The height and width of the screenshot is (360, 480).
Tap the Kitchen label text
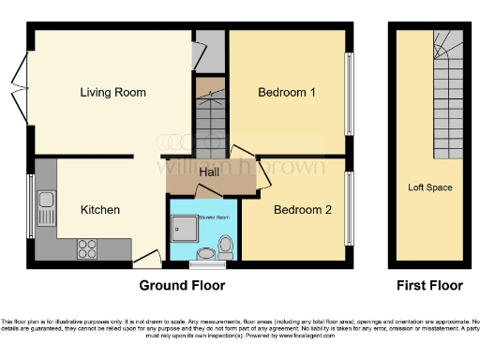pos(99,210)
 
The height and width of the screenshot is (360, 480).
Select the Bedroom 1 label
pos(286,92)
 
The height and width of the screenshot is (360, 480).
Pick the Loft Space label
pos(429,187)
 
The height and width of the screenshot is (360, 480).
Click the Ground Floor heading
pos(182,285)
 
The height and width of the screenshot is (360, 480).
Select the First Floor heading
pos(427,285)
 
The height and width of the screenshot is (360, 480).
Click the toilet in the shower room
pos(225,247)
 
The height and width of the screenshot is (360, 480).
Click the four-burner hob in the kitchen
pos(86,249)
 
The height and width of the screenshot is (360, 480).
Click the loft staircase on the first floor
pos(448,94)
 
